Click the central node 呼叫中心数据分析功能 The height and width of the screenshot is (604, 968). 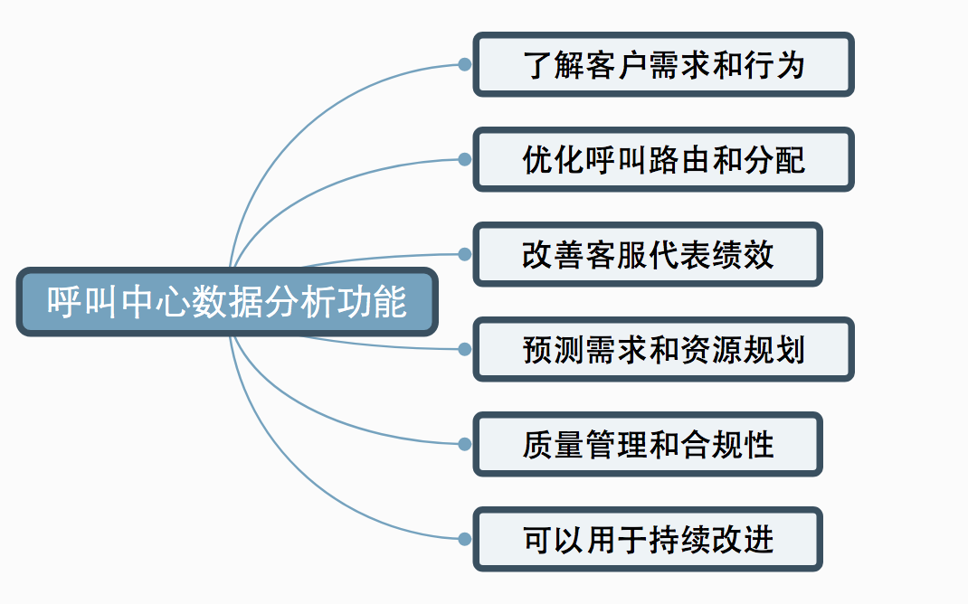click(227, 302)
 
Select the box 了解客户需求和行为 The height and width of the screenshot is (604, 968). click(663, 64)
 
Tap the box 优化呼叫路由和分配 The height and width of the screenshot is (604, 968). click(663, 160)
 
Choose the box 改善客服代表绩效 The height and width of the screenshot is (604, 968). click(648, 255)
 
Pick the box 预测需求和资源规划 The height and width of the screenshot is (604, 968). click(663, 349)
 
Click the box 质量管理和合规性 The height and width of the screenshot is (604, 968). click(648, 444)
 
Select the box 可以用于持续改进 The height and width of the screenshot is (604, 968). click(648, 539)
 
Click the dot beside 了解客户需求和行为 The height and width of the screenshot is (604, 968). click(464, 64)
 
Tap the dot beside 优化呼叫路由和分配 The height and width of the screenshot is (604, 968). click(464, 160)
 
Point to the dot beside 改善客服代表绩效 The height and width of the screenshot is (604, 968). click(464, 255)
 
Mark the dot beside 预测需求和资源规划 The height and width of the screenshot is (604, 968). click(464, 349)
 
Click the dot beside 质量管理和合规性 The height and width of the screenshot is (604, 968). click(464, 444)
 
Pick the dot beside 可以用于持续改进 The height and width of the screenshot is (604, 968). click(464, 539)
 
